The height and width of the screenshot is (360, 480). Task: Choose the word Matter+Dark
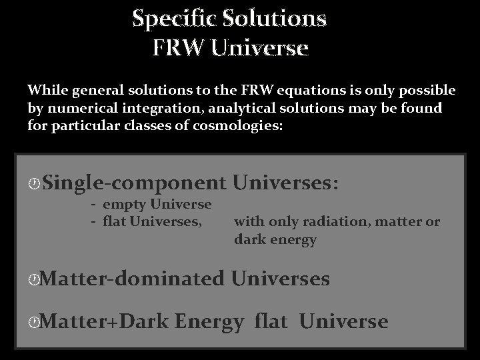pos(108,323)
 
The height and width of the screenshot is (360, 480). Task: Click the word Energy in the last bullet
pos(210,323)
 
